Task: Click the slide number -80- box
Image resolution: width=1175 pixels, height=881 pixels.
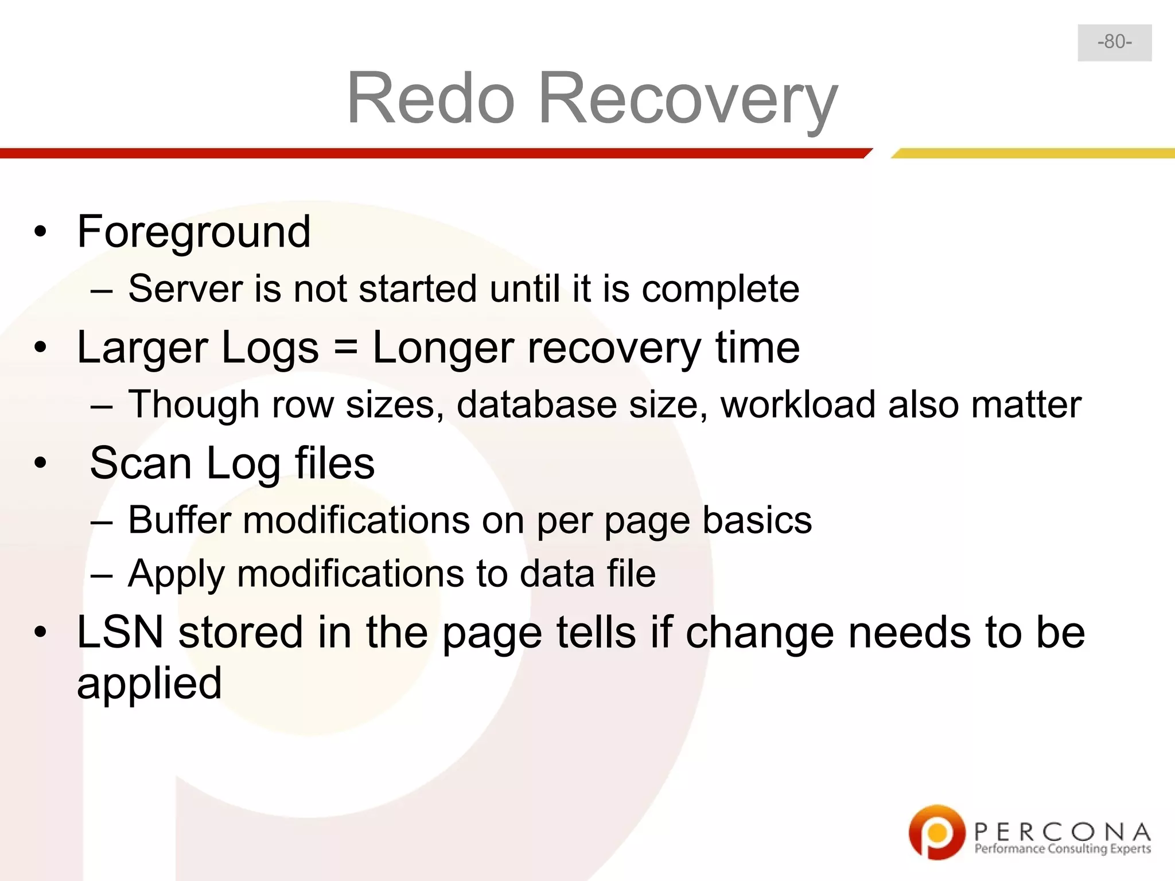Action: [x=1114, y=42]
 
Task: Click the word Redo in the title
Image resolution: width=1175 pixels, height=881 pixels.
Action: [x=431, y=98]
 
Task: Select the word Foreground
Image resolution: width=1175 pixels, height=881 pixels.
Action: [x=194, y=232]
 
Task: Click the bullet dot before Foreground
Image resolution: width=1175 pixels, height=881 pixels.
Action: [x=40, y=232]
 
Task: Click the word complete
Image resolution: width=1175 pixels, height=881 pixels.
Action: [x=720, y=289]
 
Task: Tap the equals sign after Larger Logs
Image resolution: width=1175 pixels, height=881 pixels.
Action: [x=345, y=348]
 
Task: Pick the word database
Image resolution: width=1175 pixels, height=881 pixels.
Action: [x=537, y=404]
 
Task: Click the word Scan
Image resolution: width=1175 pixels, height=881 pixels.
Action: [x=141, y=463]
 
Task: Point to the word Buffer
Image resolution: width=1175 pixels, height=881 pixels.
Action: [x=180, y=520]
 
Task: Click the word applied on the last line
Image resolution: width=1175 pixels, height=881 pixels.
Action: [x=149, y=684]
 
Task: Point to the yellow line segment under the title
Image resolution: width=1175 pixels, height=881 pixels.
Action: [x=1033, y=153]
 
